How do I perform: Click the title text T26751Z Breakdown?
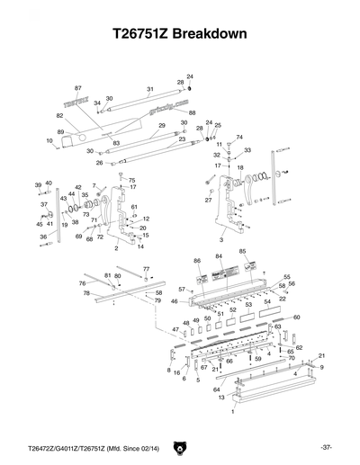point(179,35)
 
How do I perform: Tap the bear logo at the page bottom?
point(180,447)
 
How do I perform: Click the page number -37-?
point(325,447)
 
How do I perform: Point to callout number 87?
point(78,88)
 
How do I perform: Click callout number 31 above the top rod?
point(150,89)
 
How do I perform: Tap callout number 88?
point(192,112)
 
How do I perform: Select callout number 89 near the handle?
point(60,132)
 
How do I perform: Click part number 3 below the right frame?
point(221,240)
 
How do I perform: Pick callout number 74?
point(239,138)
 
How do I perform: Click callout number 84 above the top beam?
point(218,256)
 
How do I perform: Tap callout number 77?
point(146,269)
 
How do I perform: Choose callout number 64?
point(216,389)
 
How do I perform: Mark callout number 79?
point(158,300)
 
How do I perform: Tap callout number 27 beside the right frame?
point(208,200)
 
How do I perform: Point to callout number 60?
point(296,317)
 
